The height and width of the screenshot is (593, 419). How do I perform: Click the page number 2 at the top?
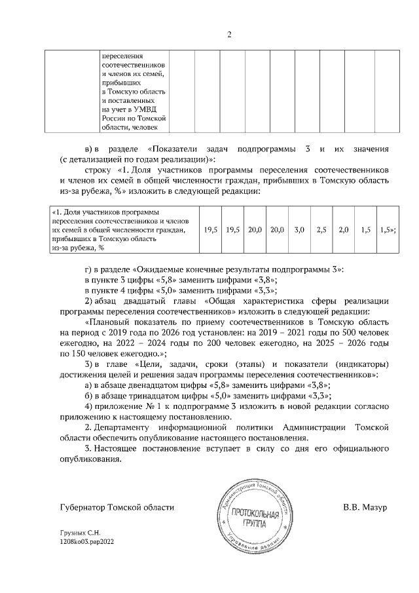(229, 34)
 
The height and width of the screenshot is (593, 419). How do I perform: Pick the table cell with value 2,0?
(344, 230)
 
